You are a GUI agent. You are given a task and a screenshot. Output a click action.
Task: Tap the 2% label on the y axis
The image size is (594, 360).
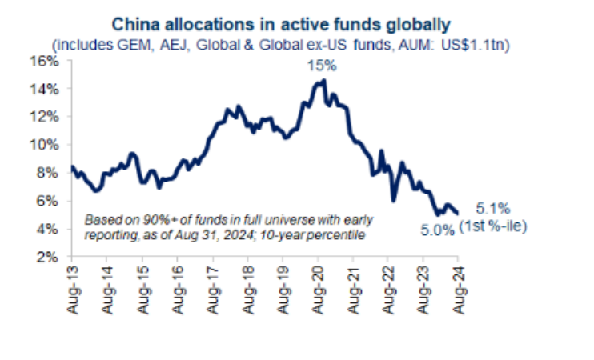tap(50, 258)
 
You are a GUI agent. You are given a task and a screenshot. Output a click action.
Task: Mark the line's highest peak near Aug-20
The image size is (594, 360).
tap(323, 80)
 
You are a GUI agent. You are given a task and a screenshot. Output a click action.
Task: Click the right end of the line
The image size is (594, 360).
tap(458, 212)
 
